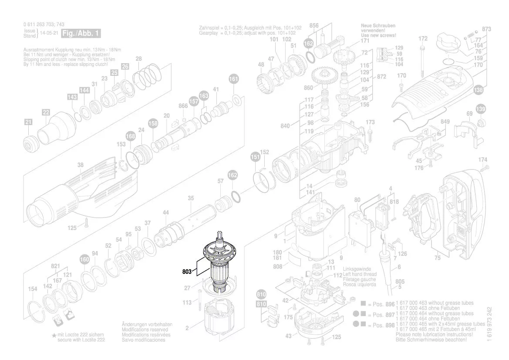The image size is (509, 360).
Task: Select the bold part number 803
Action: (x=187, y=271)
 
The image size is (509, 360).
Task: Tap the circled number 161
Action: (x=234, y=79)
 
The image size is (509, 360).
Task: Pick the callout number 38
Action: (x=80, y=165)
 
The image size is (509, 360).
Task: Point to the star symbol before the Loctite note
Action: (x=54, y=335)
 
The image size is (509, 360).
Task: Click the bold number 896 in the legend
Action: (x=390, y=304)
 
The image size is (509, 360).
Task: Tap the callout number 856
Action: (x=313, y=26)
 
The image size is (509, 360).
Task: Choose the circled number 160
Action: (x=84, y=260)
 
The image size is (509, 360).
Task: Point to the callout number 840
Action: (x=285, y=126)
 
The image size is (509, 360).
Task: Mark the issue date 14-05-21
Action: (x=49, y=33)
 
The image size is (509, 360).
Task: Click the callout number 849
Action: (x=445, y=121)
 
